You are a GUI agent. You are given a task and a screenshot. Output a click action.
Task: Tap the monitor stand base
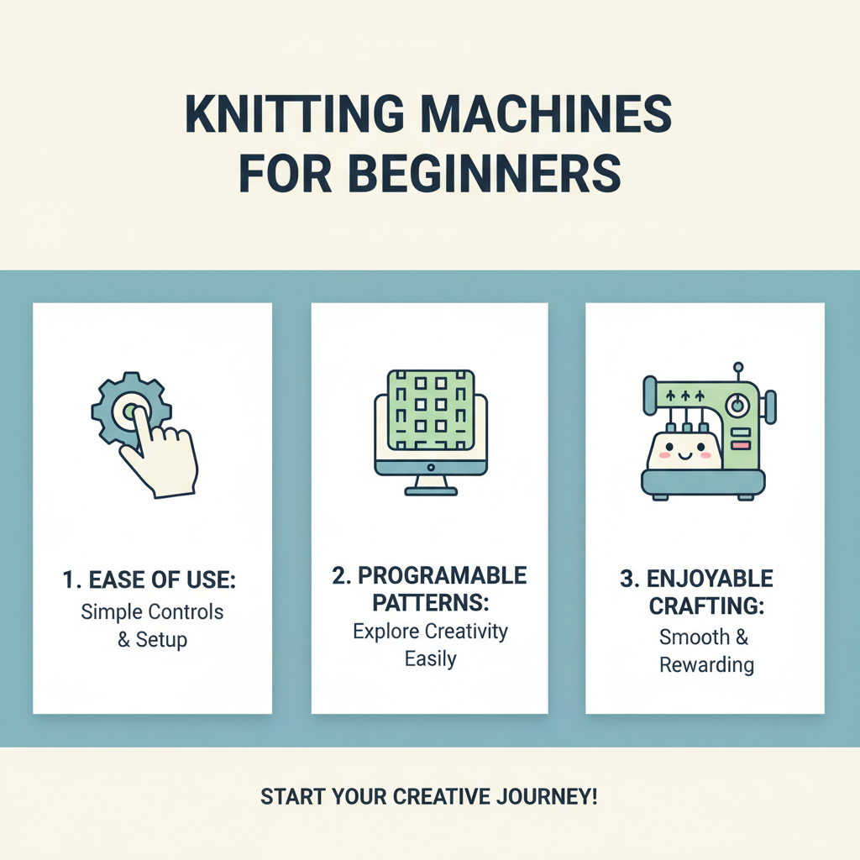(x=430, y=490)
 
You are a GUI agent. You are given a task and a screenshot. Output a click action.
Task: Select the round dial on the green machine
(x=737, y=405)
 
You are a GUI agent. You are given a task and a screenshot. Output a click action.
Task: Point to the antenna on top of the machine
(x=737, y=370)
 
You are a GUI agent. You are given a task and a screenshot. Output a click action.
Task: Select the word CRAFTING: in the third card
(x=705, y=606)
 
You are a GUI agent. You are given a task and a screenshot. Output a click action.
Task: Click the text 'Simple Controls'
(x=152, y=611)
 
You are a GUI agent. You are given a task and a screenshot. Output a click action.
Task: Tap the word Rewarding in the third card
(x=706, y=665)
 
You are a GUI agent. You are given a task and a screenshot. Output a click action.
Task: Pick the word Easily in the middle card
(x=430, y=659)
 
